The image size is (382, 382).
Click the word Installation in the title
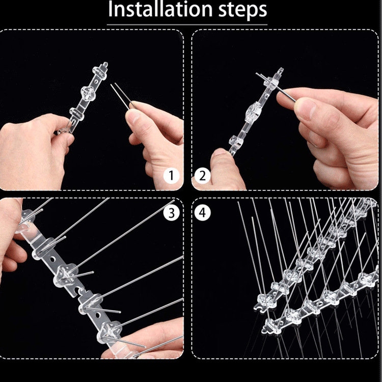coord(158,10)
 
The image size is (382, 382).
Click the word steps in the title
coord(240,10)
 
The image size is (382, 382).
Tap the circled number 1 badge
coord(172,176)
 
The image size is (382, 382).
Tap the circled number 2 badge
coord(202,176)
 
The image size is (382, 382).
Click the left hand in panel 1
coord(31,148)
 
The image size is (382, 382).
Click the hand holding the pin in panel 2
coord(331,127)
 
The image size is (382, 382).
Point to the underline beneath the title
coord(187,24)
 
